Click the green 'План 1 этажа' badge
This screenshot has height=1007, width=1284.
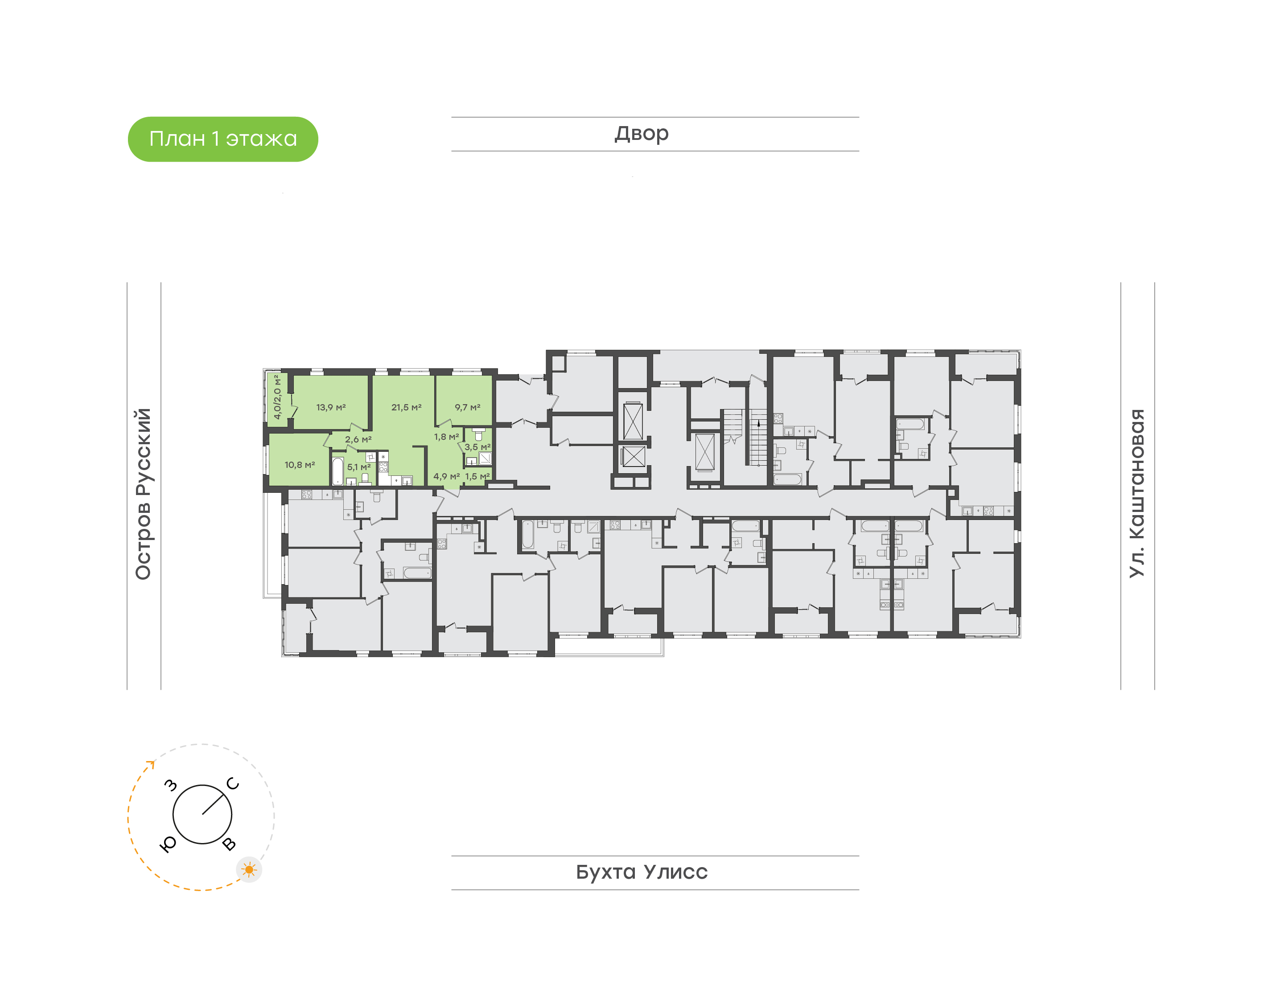click(x=223, y=139)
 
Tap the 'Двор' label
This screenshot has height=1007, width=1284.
click(x=642, y=134)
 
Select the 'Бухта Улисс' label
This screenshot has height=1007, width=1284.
click(x=642, y=872)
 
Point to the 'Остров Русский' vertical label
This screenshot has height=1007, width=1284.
click(x=143, y=494)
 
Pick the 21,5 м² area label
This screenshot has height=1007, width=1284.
click(x=406, y=407)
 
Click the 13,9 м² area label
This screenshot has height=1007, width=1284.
click(x=331, y=407)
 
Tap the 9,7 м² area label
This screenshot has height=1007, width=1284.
click(x=468, y=407)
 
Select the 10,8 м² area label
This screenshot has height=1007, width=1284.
click(x=300, y=465)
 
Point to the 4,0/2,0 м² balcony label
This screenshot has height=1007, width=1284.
click(x=276, y=397)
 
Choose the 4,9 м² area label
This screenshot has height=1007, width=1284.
click(x=446, y=476)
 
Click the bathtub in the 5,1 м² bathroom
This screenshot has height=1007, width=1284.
click(x=337, y=471)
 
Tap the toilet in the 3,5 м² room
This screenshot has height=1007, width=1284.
click(x=478, y=434)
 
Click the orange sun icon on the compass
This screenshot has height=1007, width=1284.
click(x=250, y=870)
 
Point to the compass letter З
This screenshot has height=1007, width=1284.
click(x=170, y=785)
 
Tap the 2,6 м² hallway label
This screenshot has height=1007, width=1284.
click(x=358, y=440)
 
